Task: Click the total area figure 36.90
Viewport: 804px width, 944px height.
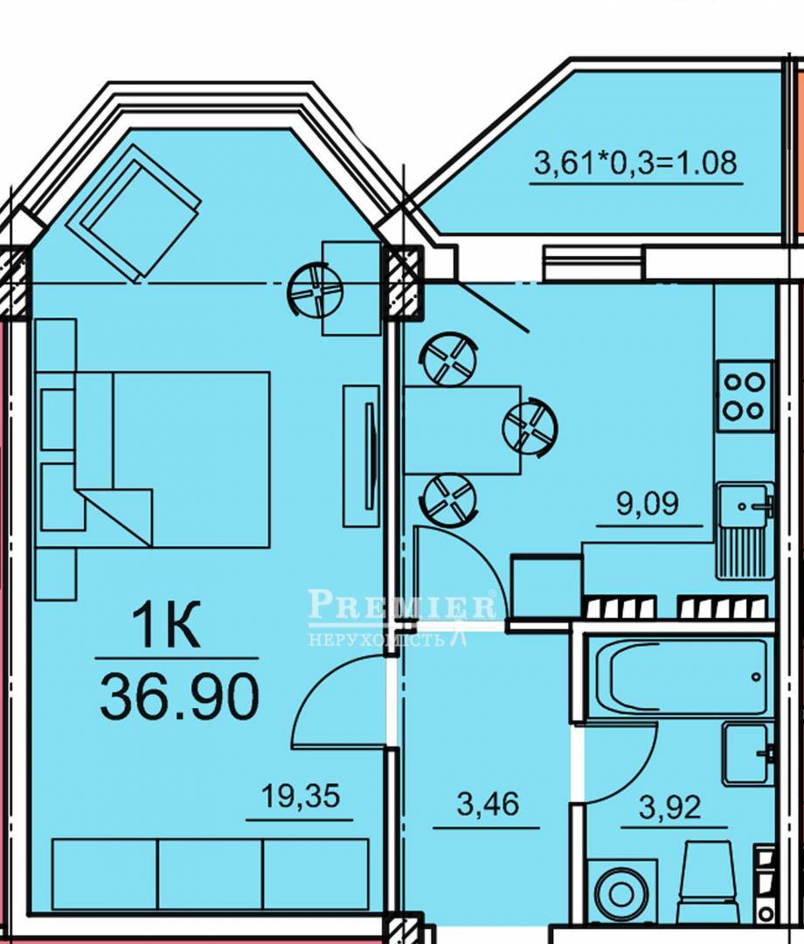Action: coord(179,697)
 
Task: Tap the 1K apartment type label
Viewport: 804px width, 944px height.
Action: coord(167,627)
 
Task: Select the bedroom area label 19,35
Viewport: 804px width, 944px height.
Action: coord(301,795)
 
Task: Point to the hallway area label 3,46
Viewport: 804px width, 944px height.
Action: coord(488,803)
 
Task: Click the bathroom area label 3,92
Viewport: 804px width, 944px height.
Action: coord(670,808)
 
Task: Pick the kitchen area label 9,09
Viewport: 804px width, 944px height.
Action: coord(648,503)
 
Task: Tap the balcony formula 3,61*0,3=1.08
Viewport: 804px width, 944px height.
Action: coord(635,163)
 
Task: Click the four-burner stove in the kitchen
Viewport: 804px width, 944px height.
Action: coord(744,396)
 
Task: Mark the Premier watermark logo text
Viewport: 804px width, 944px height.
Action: coord(402,605)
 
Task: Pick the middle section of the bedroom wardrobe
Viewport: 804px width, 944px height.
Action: coord(210,874)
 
